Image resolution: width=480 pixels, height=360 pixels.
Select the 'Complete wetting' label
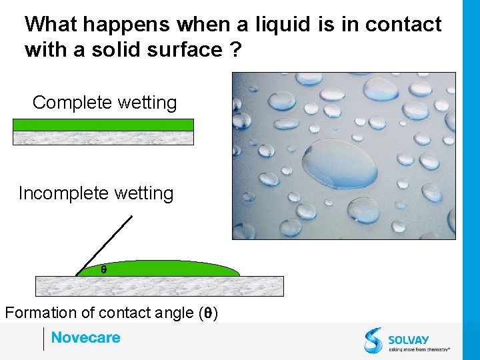tap(105, 103)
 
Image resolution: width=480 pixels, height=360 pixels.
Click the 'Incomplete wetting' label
tap(96, 193)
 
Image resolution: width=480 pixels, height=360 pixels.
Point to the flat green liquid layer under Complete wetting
tap(103, 125)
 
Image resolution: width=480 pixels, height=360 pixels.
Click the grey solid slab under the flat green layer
tap(103, 137)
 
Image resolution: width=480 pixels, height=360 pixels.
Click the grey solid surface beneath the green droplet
tap(159, 286)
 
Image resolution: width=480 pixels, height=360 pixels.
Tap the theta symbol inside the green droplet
tap(103, 270)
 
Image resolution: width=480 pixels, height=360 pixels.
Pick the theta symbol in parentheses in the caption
tap(209, 313)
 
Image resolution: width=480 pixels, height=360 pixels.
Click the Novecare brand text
tap(86, 337)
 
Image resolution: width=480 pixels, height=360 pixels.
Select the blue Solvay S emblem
tap(374, 340)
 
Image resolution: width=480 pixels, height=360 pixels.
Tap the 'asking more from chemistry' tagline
tap(419, 349)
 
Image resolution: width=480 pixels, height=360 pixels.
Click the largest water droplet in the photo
tap(339, 163)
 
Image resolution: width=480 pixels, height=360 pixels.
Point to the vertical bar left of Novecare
tap(43, 339)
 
